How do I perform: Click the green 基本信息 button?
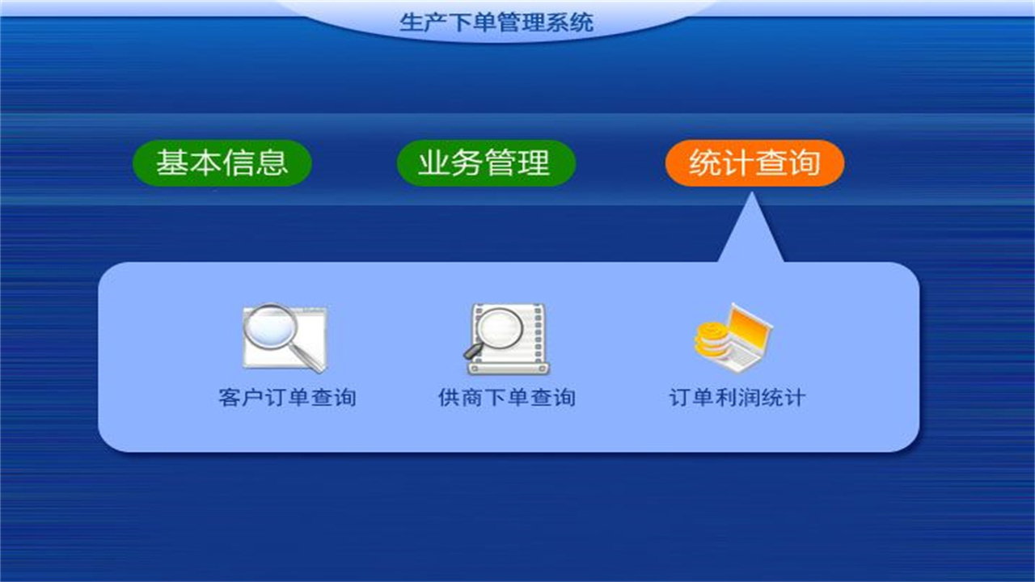[222, 163]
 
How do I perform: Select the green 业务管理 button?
[485, 163]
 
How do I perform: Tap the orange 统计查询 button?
[754, 163]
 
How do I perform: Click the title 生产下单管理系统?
[496, 22]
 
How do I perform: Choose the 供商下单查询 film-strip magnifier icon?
[508, 338]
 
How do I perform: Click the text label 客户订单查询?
[287, 398]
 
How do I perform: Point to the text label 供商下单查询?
[507, 398]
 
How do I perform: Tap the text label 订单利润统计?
[737, 398]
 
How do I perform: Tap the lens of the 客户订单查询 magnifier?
[271, 327]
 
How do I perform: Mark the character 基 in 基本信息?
[172, 163]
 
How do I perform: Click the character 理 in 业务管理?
[534, 163]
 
